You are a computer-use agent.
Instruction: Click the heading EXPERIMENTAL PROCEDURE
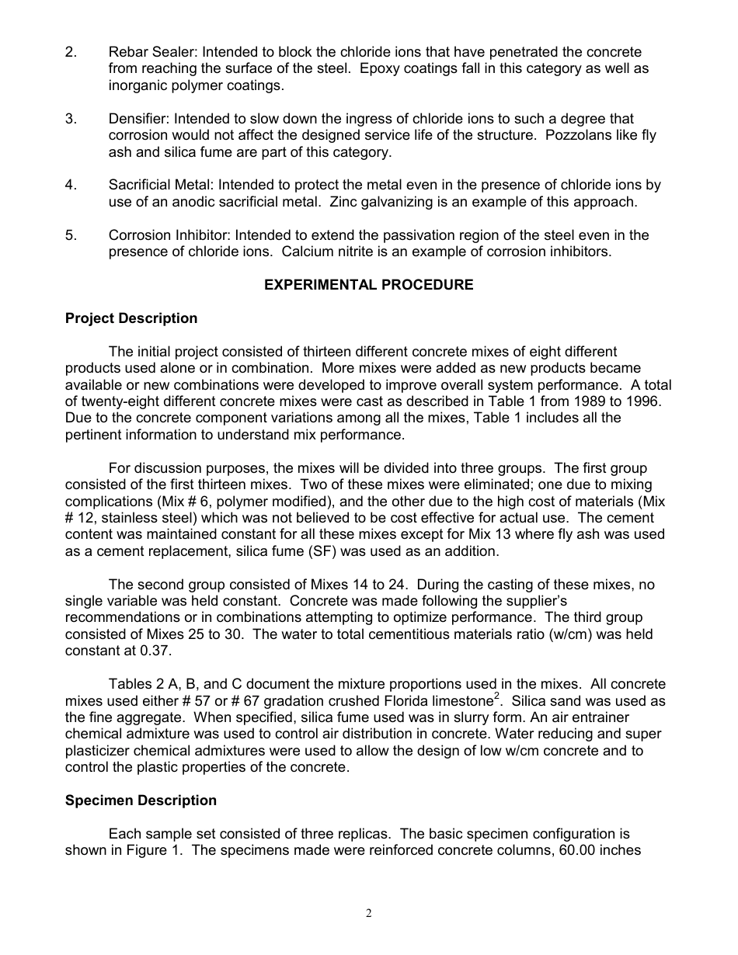(x=368, y=285)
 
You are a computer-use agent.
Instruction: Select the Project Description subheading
(x=131, y=318)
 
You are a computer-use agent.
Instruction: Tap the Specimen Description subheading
(x=141, y=800)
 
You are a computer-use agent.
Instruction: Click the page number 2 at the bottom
(x=369, y=913)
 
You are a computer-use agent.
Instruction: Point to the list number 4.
(x=71, y=185)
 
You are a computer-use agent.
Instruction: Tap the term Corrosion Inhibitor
(x=169, y=235)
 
